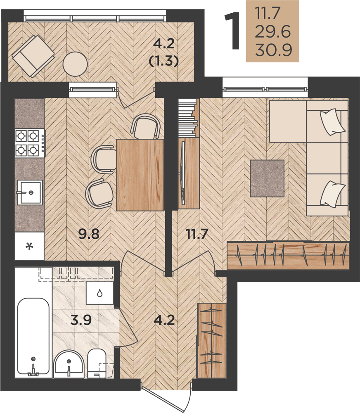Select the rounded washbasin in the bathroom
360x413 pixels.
point(69,364)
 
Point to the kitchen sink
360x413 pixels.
point(30,192)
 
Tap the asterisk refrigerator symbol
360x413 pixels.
point(29,246)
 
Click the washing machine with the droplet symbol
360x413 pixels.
point(100,293)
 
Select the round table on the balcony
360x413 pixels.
point(75,64)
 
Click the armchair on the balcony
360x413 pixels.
point(33,56)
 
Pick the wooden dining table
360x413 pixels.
point(140,175)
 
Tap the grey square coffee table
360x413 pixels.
point(267,178)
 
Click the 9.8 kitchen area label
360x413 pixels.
point(89,234)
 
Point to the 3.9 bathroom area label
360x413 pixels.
point(81,320)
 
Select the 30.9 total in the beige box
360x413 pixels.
point(273,50)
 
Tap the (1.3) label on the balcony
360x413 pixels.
point(164,61)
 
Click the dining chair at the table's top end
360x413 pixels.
point(145,126)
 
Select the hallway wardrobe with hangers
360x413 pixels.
point(212,340)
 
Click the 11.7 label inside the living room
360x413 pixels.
point(197,234)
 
